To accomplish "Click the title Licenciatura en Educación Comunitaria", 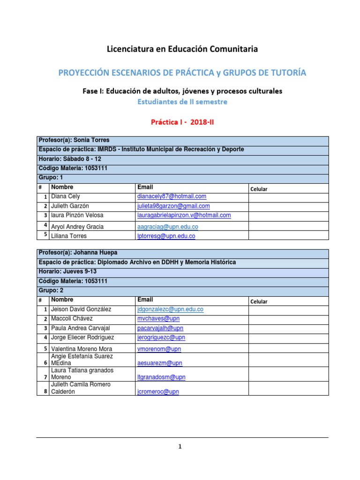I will tap(182, 49).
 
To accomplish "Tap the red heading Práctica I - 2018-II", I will tap(182, 122).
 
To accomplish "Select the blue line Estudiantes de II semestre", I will tap(182, 101).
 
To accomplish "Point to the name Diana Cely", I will tap(66, 196).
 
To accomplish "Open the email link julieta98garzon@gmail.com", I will tap(173, 206).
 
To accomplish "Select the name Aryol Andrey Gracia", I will tap(77, 226).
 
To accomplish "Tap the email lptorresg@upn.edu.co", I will tap(166, 236).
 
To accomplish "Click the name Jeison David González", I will tap(82, 309).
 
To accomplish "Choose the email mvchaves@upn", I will tap(155, 319).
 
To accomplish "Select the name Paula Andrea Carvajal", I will tap(81, 328).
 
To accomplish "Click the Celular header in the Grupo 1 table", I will tap(259, 189).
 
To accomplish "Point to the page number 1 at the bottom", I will tap(180, 447).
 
